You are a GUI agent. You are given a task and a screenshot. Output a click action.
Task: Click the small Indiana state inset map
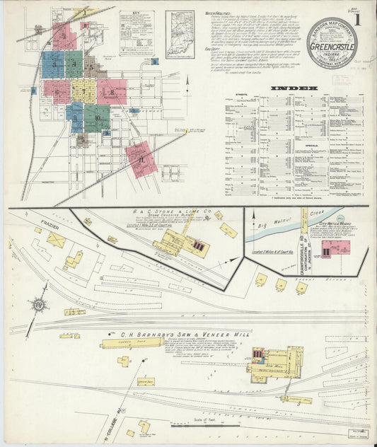click(x=180, y=34)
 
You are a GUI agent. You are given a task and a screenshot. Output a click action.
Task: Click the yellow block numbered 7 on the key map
click(x=83, y=91)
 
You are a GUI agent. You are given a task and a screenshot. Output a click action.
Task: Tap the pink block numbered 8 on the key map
click(x=111, y=91)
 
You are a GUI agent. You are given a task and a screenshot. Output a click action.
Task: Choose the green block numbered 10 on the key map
click(x=97, y=117)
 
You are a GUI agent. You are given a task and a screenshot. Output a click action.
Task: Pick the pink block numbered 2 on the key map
click(x=64, y=35)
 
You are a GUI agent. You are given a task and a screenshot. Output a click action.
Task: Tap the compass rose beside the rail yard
click(x=39, y=305)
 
